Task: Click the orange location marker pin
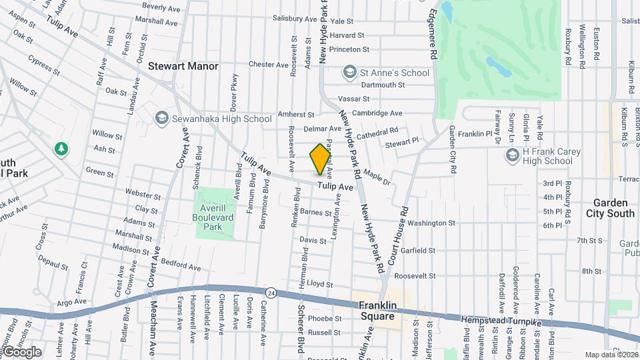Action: (320, 159)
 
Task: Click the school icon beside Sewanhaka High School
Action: (161, 119)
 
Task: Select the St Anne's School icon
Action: (349, 72)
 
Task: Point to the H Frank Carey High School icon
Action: (512, 156)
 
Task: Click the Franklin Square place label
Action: (377, 311)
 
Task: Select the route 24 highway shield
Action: (271, 293)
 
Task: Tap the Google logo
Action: (22, 351)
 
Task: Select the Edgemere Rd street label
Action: (433, 32)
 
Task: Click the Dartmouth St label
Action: (383, 85)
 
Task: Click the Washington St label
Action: (431, 223)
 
